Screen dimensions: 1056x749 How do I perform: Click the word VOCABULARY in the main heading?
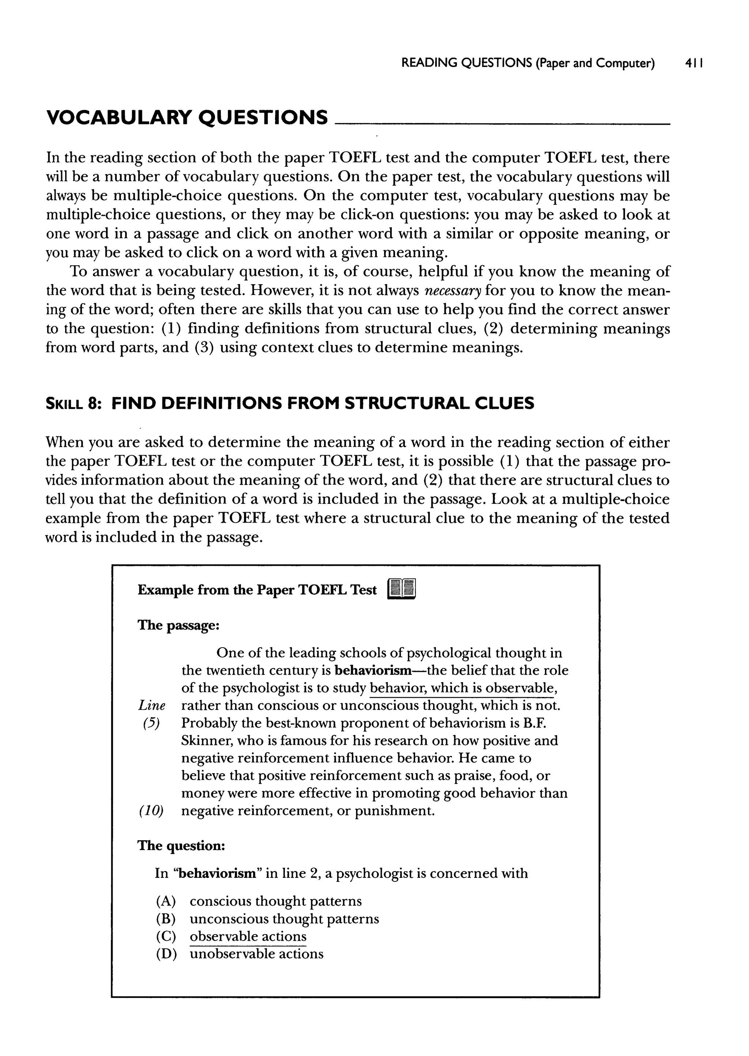pos(118,118)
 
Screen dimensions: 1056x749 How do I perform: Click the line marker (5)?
pos(151,723)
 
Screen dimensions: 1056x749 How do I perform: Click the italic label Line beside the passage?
pos(151,705)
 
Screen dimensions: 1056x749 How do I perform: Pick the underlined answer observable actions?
pos(248,936)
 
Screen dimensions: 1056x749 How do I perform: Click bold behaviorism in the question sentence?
pos(217,873)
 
